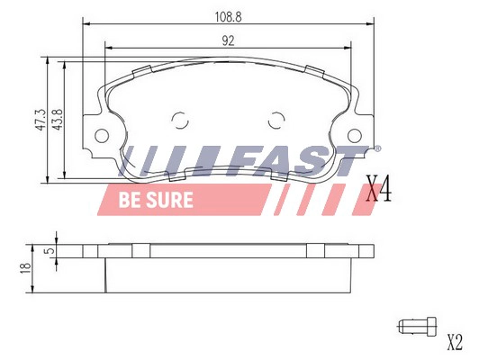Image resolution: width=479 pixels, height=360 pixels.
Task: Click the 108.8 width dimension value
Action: click(x=228, y=17)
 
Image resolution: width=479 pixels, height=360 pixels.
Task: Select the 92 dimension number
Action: click(x=228, y=40)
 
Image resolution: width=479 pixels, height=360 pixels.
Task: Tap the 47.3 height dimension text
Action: click(x=41, y=120)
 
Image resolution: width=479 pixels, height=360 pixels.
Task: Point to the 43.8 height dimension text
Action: click(x=58, y=120)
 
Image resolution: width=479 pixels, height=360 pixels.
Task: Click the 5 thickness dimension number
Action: click(x=50, y=251)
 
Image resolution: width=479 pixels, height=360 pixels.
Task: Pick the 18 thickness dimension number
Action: click(x=25, y=268)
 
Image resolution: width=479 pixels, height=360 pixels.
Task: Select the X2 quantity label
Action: click(x=455, y=342)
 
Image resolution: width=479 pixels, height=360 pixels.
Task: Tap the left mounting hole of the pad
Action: click(x=102, y=136)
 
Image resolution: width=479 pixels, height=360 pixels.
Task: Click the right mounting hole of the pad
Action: click(x=355, y=136)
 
